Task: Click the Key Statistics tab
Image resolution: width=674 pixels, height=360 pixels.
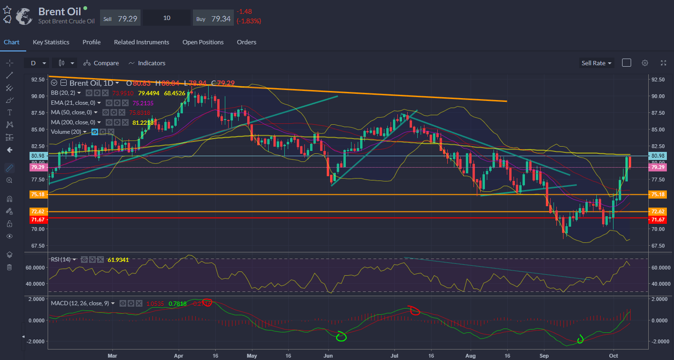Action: click(51, 42)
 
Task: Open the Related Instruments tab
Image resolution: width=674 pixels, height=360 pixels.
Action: click(141, 42)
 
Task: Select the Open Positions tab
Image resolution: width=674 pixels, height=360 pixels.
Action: click(203, 42)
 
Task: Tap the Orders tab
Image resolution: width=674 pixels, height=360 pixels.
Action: click(247, 42)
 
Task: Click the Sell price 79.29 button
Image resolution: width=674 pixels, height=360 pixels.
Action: click(120, 18)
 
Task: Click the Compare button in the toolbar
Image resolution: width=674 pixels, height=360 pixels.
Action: click(101, 63)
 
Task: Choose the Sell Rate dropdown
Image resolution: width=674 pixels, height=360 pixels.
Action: click(596, 63)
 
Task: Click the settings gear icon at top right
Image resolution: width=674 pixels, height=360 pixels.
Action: click(645, 63)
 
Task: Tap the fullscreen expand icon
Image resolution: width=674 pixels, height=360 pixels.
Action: click(663, 63)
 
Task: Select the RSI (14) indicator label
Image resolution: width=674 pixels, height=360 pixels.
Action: click(61, 260)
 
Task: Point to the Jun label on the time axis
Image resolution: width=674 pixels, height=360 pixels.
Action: click(328, 355)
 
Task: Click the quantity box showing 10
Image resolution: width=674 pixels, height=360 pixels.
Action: click(167, 18)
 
